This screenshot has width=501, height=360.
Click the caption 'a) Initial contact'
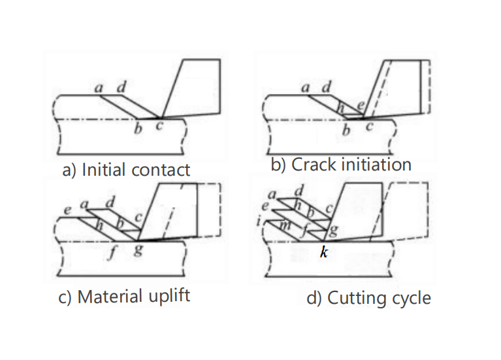click(x=125, y=170)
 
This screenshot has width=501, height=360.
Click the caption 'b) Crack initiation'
click(x=341, y=164)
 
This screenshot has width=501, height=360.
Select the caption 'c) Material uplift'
click(x=124, y=296)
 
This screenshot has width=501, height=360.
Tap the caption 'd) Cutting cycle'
click(x=368, y=299)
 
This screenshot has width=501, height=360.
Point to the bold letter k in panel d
click(x=323, y=252)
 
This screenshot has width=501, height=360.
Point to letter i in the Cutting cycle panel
click(x=260, y=222)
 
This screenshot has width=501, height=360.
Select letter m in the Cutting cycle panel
click(x=285, y=225)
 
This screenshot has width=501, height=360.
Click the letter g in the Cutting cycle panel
click(x=334, y=229)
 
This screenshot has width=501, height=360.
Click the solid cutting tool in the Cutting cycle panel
click(x=358, y=206)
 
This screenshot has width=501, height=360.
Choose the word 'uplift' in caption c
click(x=169, y=296)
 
